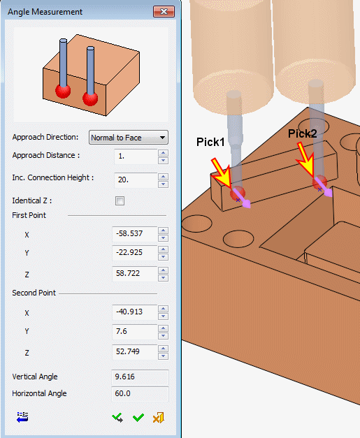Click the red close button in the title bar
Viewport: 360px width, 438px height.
click(164, 12)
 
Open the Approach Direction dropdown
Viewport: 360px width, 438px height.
click(129, 138)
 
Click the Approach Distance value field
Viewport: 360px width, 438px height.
click(136, 156)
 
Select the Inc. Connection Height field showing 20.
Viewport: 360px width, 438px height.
click(136, 180)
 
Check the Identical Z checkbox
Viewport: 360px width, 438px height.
click(120, 200)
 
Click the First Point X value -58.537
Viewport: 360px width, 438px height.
click(135, 234)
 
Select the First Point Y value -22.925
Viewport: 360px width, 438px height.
click(135, 253)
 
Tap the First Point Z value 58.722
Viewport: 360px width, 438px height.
click(135, 273)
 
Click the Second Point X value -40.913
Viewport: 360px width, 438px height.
click(135, 312)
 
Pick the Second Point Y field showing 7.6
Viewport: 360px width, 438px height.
click(135, 332)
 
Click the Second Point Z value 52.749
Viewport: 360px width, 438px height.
click(135, 351)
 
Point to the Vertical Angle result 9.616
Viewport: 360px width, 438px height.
click(140, 377)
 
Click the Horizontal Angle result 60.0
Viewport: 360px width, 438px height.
click(140, 394)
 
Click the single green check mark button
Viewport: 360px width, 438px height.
click(138, 418)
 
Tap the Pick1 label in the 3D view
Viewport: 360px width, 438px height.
click(210, 142)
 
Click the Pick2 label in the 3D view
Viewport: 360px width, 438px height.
click(303, 133)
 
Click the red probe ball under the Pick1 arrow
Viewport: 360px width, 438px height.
click(238, 194)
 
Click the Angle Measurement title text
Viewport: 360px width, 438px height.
click(45, 12)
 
